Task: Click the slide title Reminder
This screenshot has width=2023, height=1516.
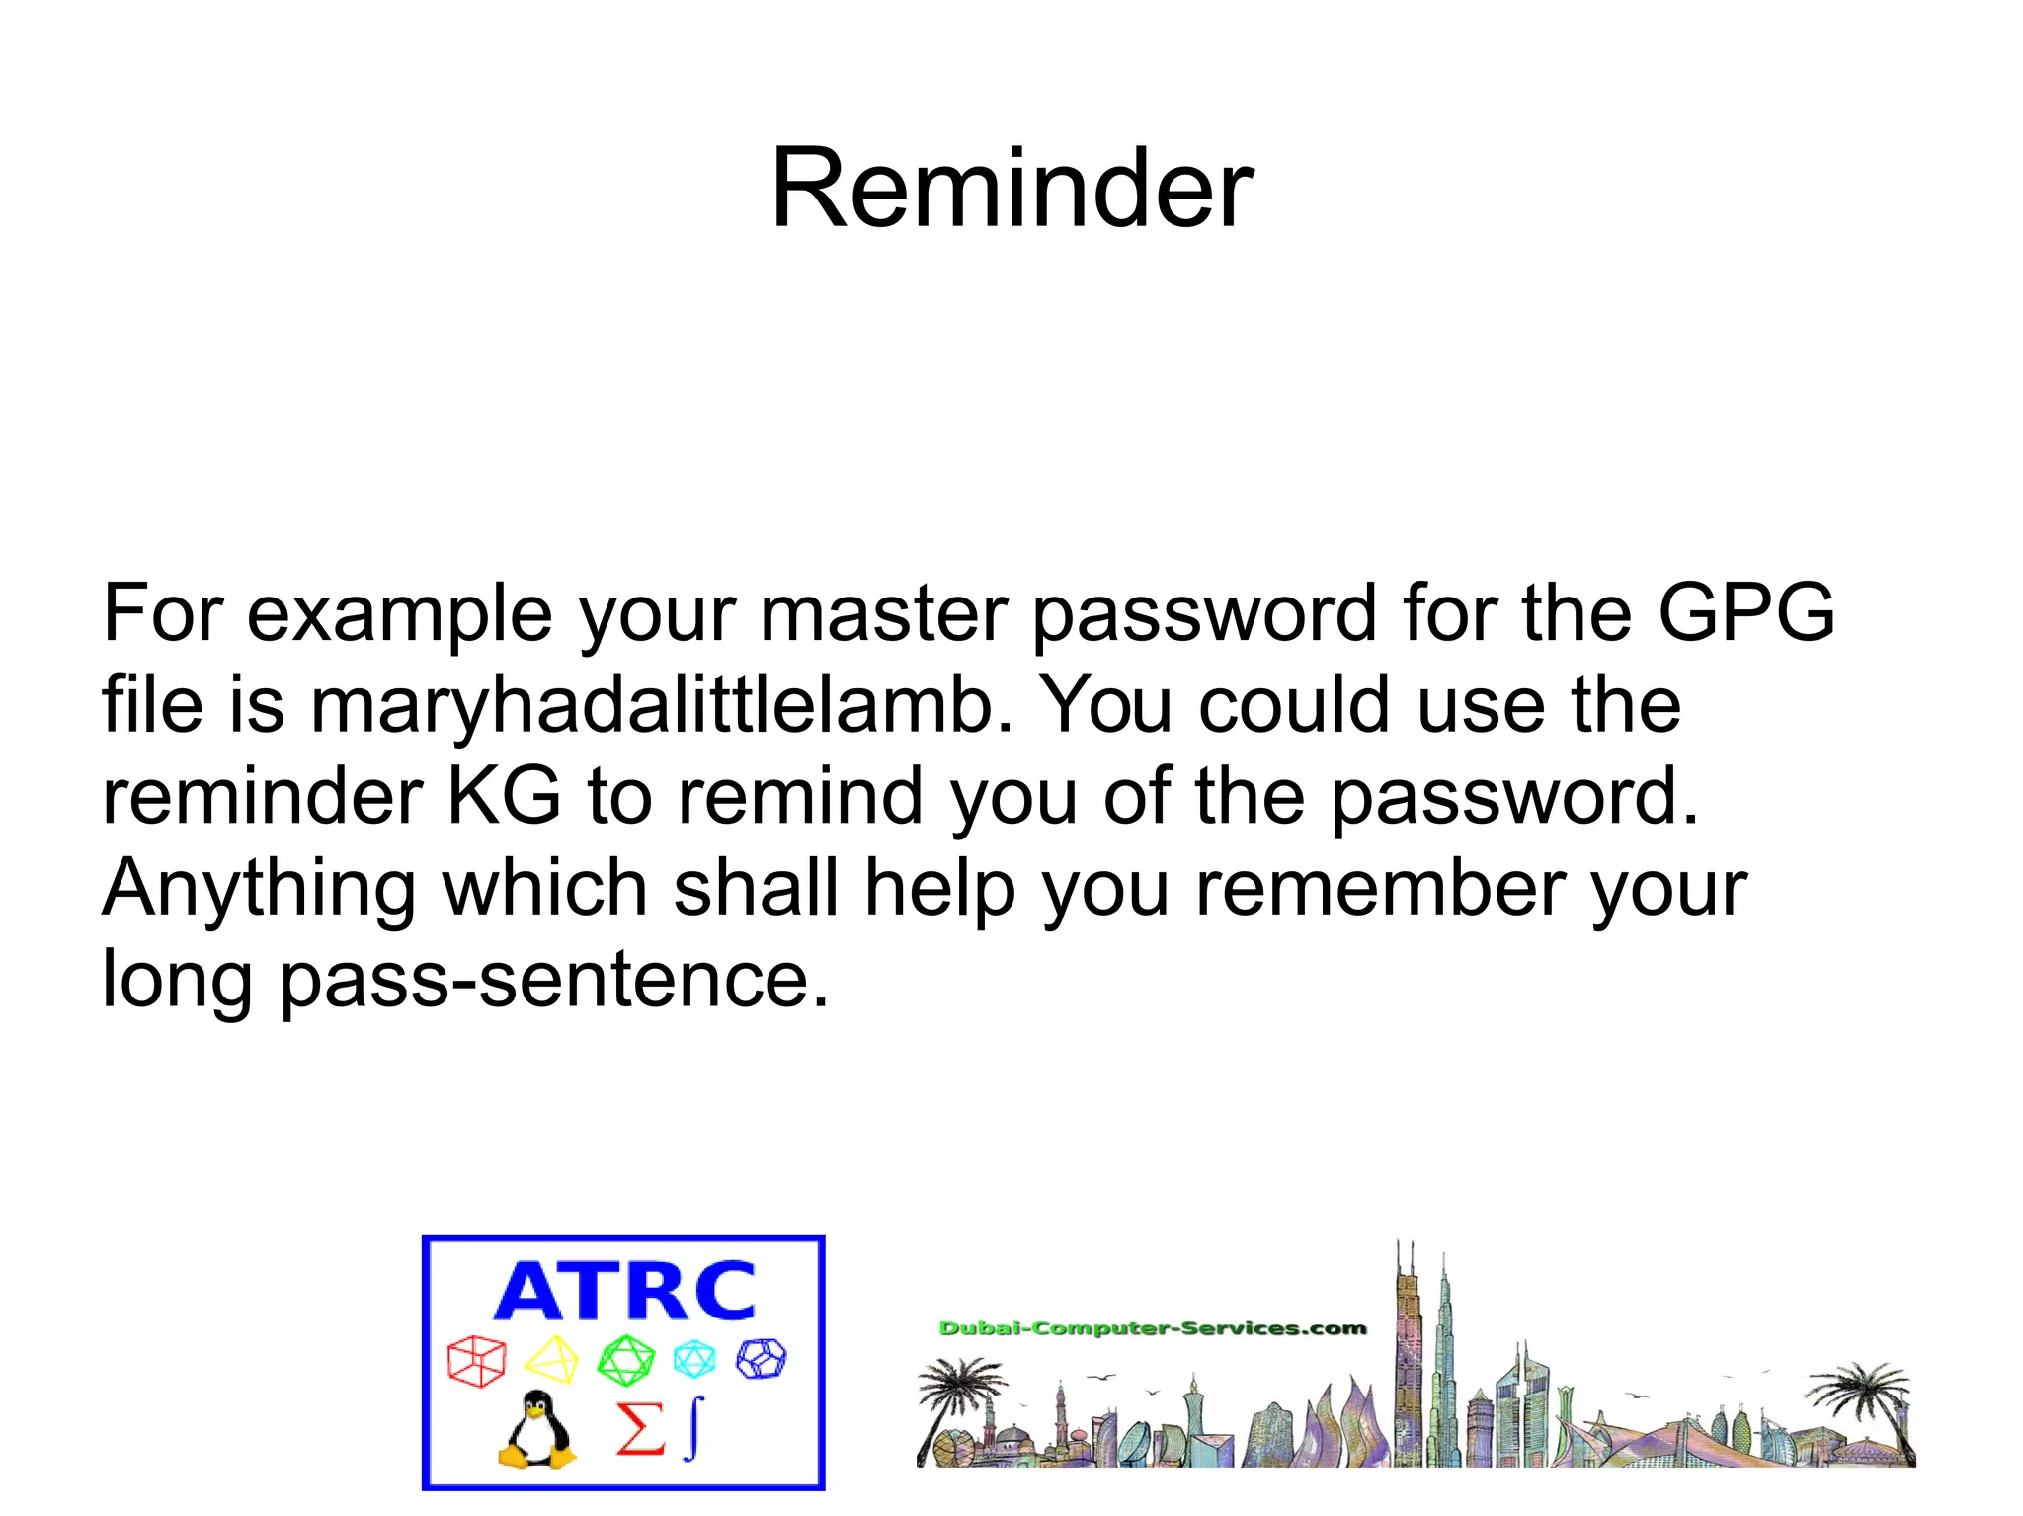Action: point(1011,188)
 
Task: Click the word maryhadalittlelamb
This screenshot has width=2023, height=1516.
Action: point(660,705)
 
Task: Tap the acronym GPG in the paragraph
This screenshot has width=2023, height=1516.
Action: point(1745,613)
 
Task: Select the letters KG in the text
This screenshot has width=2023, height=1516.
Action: point(504,796)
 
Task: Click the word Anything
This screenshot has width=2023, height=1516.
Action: point(259,889)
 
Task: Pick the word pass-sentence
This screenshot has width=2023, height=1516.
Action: point(553,980)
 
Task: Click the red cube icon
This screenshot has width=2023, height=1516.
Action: point(476,1361)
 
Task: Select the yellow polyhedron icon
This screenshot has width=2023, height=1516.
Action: point(551,1360)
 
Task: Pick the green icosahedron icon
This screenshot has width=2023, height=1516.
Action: point(625,1360)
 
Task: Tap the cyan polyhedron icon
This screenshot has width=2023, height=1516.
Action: point(694,1359)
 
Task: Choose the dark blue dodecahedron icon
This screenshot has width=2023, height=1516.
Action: point(762,1358)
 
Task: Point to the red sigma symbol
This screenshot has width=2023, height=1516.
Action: point(639,1429)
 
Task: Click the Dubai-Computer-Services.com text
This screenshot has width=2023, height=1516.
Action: point(1152,1328)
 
